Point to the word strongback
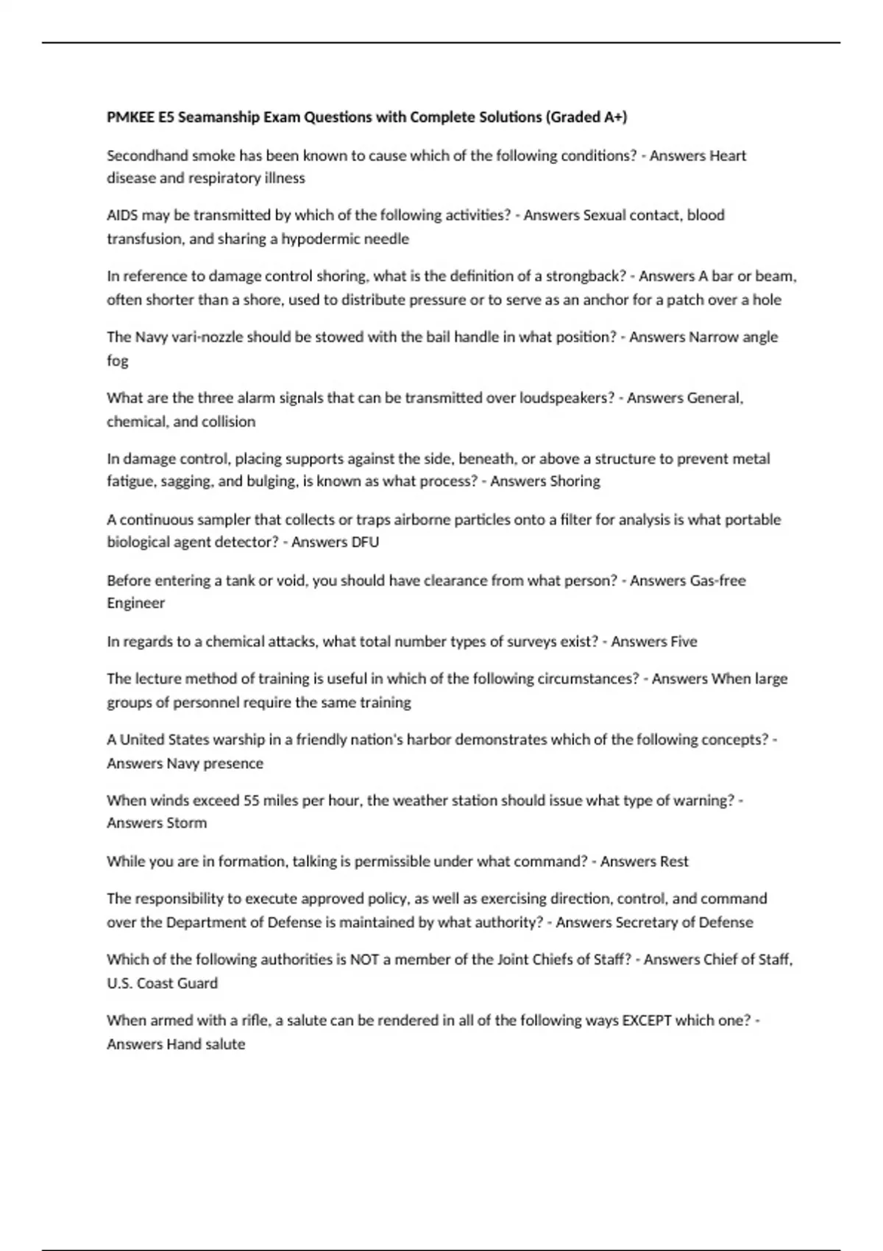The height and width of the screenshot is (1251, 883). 585,276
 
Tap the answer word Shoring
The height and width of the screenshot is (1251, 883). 575,481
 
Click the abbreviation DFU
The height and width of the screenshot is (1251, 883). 366,542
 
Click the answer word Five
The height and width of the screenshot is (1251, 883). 684,642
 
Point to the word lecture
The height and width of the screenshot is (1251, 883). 157,678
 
